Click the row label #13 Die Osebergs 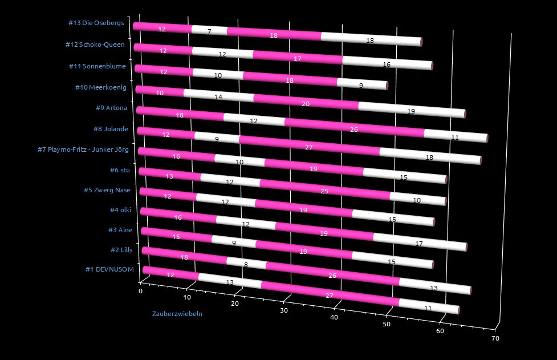(96, 23)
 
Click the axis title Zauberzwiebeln (177, 314)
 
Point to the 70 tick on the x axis (495, 338)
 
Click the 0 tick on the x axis (141, 291)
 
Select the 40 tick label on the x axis (335, 318)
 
